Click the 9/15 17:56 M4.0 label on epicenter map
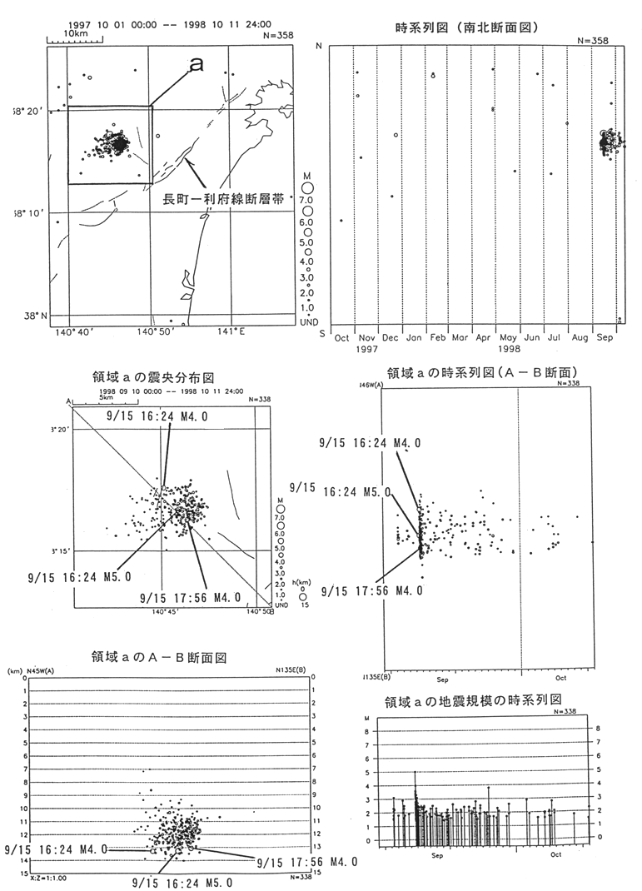click(x=190, y=597)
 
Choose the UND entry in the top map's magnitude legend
click(x=307, y=321)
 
